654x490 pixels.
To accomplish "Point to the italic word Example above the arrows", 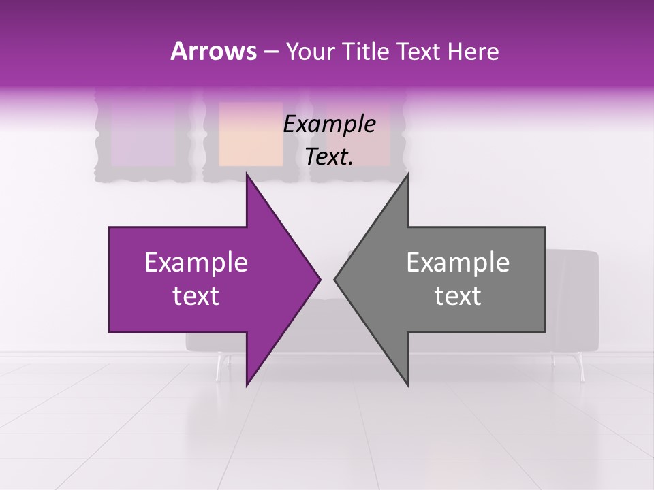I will pos(329,125).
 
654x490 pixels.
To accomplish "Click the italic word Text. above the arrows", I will pos(329,157).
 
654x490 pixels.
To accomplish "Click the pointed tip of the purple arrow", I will pos(320,279).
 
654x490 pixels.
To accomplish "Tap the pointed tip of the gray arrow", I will pos(335,279).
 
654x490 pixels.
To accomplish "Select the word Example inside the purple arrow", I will pos(196,263).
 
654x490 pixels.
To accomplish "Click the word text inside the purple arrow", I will pos(196,295).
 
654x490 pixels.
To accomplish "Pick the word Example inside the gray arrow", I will pos(458,263).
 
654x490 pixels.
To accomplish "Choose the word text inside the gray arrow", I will pos(458,295).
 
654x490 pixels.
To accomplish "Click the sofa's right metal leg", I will pos(581,367).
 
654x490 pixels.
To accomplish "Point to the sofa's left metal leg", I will pos(219,367).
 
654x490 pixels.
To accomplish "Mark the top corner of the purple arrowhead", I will pos(247,174).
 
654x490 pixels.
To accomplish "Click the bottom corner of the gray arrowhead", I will pos(408,385).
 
